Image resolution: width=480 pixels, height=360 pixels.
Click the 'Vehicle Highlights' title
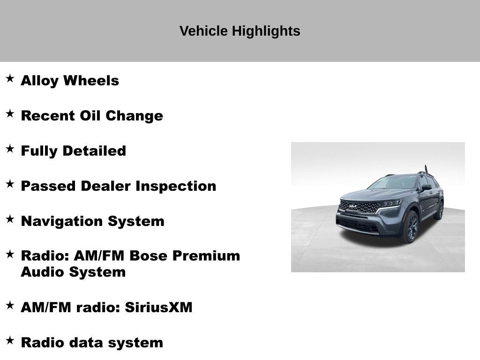click(x=240, y=31)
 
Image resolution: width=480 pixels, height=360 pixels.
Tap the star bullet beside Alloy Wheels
click(x=10, y=78)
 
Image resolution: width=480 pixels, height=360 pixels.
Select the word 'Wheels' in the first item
click(x=91, y=81)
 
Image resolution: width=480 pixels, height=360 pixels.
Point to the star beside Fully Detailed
click(x=10, y=149)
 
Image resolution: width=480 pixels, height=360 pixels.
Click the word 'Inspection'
click(x=176, y=186)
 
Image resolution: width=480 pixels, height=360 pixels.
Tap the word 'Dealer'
click(x=106, y=186)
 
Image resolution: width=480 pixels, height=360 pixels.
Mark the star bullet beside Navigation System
click(x=10, y=219)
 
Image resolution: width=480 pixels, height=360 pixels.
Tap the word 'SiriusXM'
click(x=158, y=307)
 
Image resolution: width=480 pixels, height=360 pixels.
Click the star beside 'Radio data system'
click(x=10, y=340)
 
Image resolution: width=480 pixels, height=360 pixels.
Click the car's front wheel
click(x=409, y=226)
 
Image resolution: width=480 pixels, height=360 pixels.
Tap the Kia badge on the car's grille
click(x=353, y=206)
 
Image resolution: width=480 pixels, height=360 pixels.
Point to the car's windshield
click(x=393, y=182)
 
